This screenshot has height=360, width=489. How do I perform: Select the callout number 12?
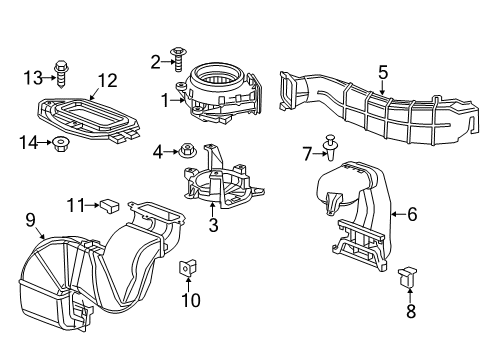[x=107, y=81]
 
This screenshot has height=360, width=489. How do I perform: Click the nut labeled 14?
[x=62, y=143]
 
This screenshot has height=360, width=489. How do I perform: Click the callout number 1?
[x=166, y=99]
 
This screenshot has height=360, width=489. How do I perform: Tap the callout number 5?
[x=382, y=71]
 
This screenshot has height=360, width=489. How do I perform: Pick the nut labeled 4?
[x=187, y=152]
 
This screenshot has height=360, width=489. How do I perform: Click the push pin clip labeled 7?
[x=332, y=150]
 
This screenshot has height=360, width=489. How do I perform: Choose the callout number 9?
[x=30, y=219]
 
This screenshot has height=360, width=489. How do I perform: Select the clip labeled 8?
[x=408, y=277]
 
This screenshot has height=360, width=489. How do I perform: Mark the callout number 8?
[x=408, y=311]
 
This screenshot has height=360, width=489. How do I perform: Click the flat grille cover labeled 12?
[x=90, y=119]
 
